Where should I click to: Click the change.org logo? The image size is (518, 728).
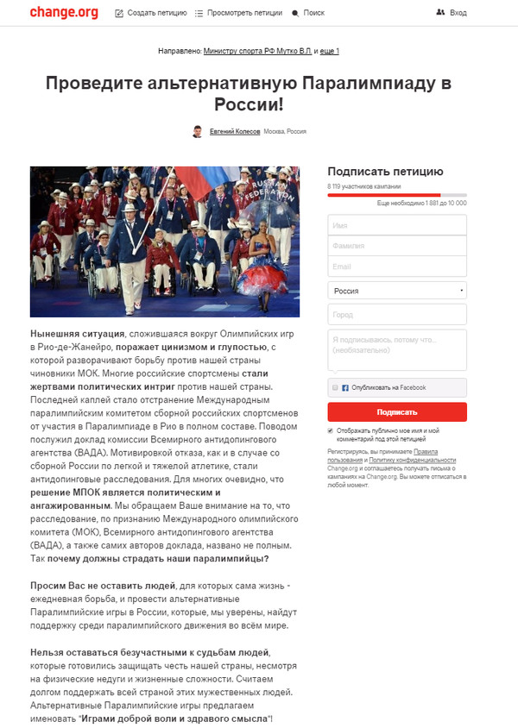pos(63,13)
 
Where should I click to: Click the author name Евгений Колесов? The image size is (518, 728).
pos(235,132)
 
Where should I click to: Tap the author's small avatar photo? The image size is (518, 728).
pos(198,132)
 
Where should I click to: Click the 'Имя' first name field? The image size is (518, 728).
pos(397,224)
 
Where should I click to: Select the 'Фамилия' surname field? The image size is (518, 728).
pos(397,246)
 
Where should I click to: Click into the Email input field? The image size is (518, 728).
pos(397,267)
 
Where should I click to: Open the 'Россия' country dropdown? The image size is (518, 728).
pos(397,291)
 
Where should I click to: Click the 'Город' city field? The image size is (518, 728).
pos(397,314)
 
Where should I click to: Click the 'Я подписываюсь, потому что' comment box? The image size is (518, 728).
pos(397,349)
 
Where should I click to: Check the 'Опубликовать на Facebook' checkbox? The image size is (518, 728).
pos(335,388)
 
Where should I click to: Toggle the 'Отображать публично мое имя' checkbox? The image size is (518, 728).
pos(332,430)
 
